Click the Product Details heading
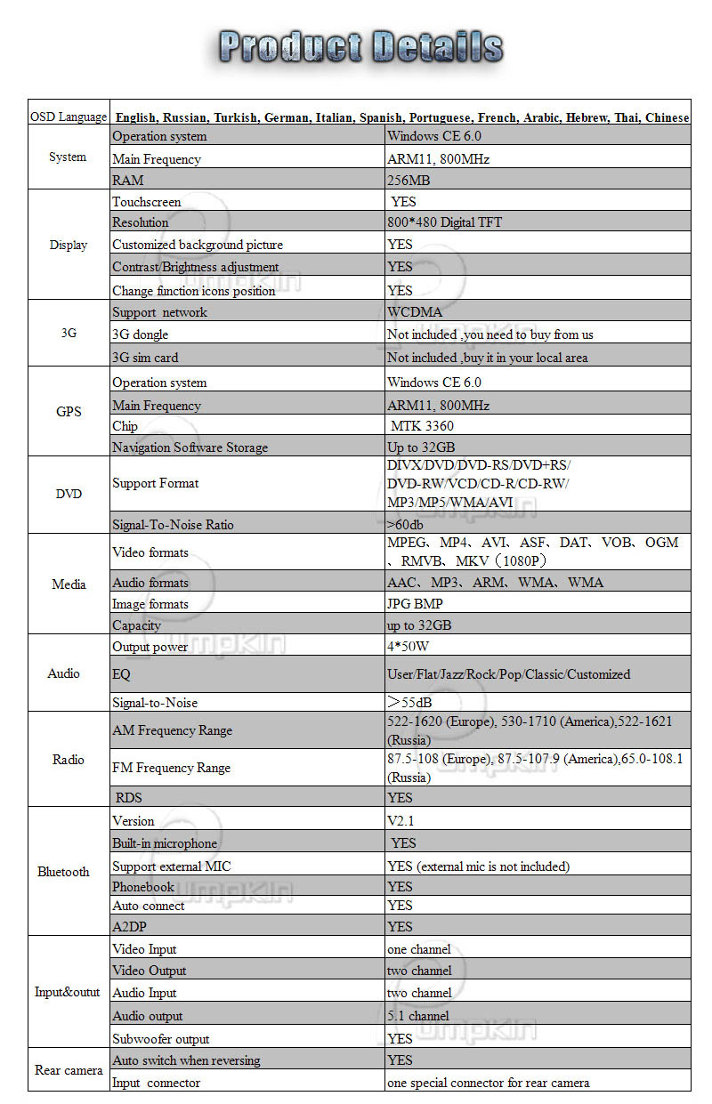tap(360, 47)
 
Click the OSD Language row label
tap(69, 117)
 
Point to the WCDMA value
tap(415, 312)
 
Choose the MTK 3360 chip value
tap(422, 426)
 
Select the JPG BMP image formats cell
tap(415, 604)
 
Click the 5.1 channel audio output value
tap(417, 1016)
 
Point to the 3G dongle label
tap(140, 334)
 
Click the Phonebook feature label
tap(143, 886)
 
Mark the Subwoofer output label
tap(160, 1038)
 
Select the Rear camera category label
tap(69, 1070)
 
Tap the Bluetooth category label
tap(63, 872)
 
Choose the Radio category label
tap(69, 760)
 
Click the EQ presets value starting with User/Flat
tap(508, 674)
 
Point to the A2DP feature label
tap(130, 926)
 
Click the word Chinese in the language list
tap(667, 117)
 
